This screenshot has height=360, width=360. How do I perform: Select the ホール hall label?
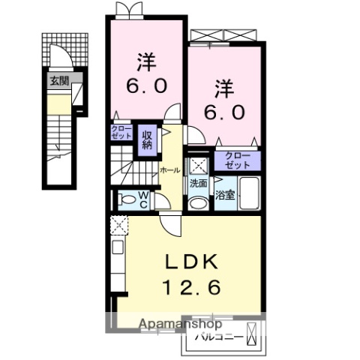coord(169,170)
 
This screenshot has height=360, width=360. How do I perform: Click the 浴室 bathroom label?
coord(225,196)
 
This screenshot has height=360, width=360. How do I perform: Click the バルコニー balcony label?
coord(219,337)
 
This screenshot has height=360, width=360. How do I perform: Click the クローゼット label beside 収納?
coord(122,133)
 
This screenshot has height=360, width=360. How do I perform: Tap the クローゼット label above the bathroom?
coord(238,159)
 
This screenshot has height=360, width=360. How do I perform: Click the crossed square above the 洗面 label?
coord(198,166)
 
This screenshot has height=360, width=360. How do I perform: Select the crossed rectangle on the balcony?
coord(252,330)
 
